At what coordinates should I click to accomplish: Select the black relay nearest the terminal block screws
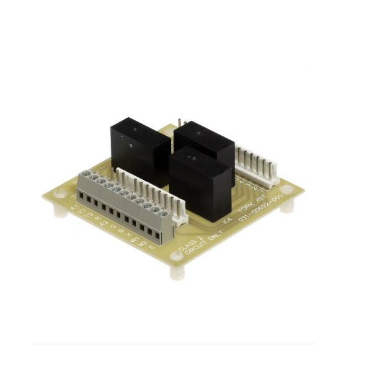[x=140, y=153]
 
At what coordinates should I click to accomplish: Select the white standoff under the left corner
[x=60, y=211]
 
